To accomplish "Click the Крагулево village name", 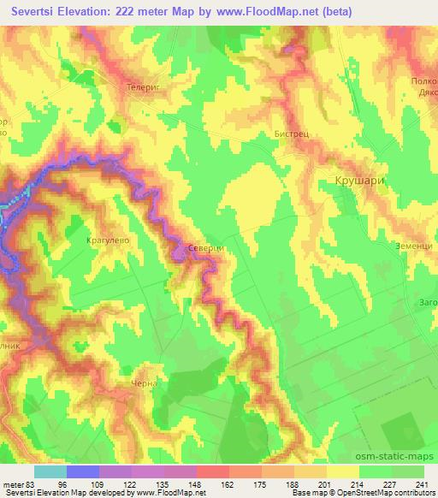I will click(108, 242).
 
